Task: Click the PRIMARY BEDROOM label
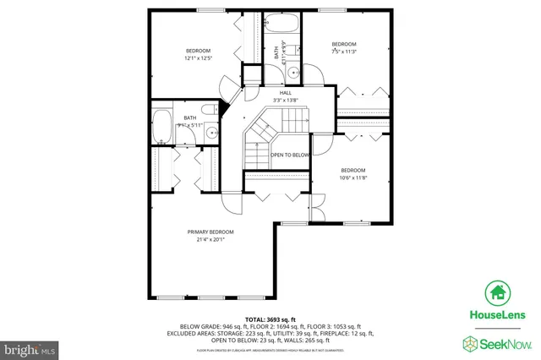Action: (x=210, y=232)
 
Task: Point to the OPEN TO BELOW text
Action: (x=291, y=155)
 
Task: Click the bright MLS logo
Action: (x=29, y=347)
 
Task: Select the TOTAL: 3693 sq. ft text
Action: (x=270, y=319)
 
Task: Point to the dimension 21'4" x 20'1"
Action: (x=210, y=239)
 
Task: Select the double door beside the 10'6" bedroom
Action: (x=314, y=207)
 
